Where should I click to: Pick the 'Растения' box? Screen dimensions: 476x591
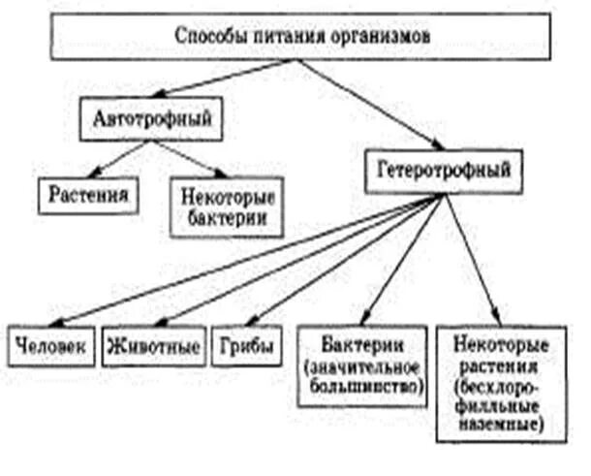coord(86,196)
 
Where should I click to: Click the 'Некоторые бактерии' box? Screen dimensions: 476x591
coord(222,203)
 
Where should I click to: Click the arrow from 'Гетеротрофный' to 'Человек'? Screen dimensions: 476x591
coord(242,258)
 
